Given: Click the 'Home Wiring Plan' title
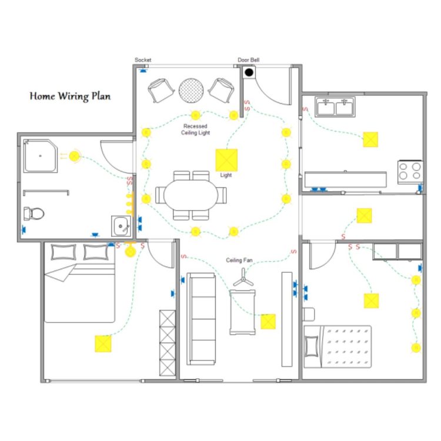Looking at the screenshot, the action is click(x=70, y=96).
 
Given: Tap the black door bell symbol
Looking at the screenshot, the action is click(x=249, y=72).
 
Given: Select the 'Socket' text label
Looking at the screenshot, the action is click(x=143, y=60).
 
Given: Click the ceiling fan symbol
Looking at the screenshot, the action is click(x=243, y=278).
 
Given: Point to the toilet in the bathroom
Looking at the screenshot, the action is click(x=34, y=214).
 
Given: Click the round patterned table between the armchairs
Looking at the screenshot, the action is click(x=191, y=91).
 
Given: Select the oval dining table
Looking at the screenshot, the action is click(x=191, y=195).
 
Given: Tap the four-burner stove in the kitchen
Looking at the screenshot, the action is click(x=410, y=172).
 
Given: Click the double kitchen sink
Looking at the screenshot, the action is click(x=335, y=107).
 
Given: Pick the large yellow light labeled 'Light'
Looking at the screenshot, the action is click(x=226, y=160).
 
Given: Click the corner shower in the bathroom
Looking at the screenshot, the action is click(x=40, y=156).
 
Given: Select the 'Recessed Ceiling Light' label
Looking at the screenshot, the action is click(x=195, y=129).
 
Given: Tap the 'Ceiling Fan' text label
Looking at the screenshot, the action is click(x=239, y=260).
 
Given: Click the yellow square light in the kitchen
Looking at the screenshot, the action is click(x=370, y=139).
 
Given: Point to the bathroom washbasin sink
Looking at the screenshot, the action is click(x=121, y=226).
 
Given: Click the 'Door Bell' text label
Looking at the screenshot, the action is click(x=249, y=60).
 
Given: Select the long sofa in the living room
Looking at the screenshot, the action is click(x=201, y=319).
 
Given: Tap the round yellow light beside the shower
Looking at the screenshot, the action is click(x=74, y=156).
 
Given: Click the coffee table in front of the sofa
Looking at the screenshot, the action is click(x=242, y=312).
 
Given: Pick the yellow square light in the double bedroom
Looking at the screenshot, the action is click(x=103, y=344).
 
